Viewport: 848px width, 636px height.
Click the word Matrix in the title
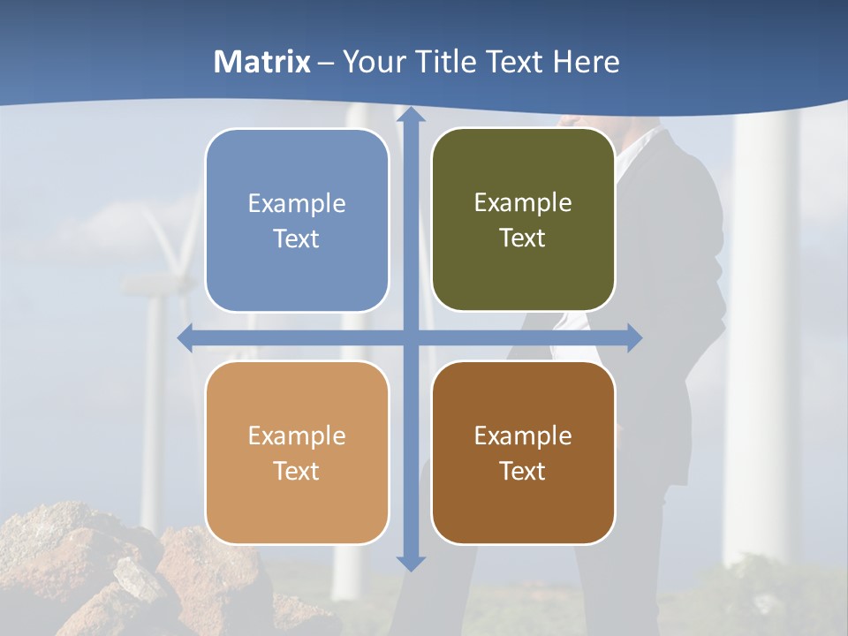tap(262, 62)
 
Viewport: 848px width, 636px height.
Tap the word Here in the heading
tap(586, 62)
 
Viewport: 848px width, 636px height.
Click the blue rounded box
tap(297, 220)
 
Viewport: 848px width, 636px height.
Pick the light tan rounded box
tap(297, 452)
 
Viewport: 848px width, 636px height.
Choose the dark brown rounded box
tap(523, 452)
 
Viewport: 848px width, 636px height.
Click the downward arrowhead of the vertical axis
tap(410, 563)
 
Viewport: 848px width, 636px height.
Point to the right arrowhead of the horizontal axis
tap(633, 337)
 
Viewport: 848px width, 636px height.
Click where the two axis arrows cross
tap(410, 337)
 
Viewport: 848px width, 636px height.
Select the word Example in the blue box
tap(297, 203)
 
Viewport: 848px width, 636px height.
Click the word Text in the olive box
tap(522, 238)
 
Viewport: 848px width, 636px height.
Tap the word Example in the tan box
tap(297, 435)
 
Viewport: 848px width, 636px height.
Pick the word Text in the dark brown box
tap(522, 471)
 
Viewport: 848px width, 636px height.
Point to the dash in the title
tap(326, 63)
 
